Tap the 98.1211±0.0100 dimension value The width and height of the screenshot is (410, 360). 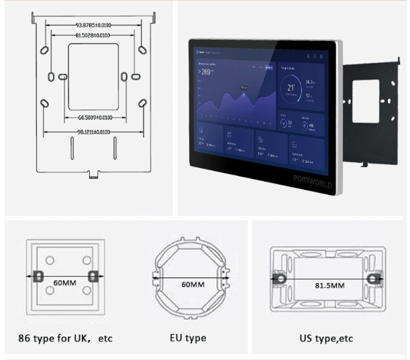pos(93,132)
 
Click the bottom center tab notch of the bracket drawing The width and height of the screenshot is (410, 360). pos(93,175)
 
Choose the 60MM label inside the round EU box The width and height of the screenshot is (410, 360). pos(193,284)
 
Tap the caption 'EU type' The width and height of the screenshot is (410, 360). pos(189,338)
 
